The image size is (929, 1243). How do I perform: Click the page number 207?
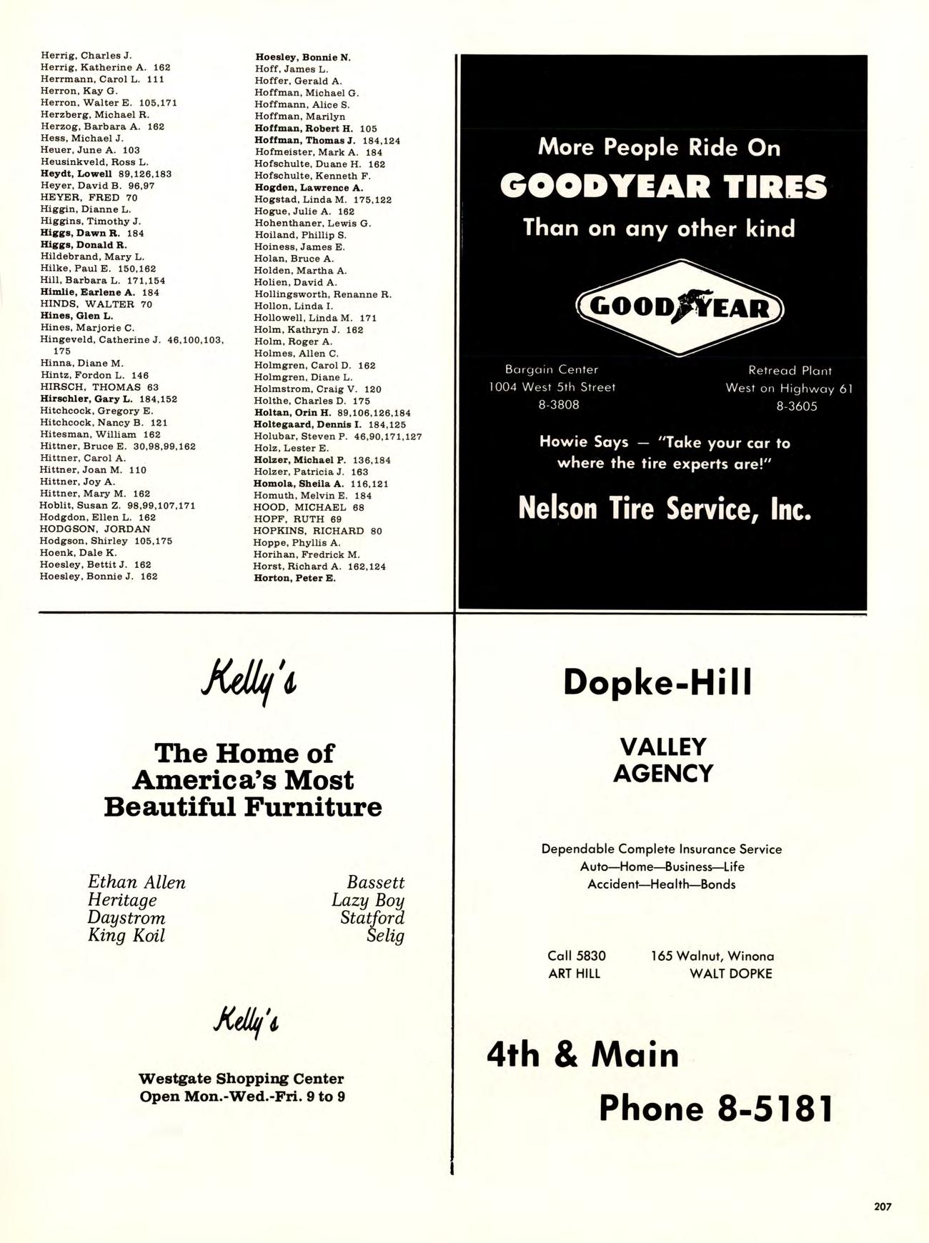[x=883, y=1207]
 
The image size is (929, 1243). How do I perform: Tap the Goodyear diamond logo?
[x=680, y=308]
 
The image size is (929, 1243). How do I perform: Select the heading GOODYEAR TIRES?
[x=663, y=187]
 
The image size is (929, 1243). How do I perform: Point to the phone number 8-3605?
[x=797, y=406]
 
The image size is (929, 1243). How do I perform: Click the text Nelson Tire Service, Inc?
[x=665, y=509]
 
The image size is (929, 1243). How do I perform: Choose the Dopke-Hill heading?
[x=657, y=682]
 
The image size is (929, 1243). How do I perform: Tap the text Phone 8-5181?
[x=716, y=1109]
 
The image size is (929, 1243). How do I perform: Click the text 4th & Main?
[x=582, y=1054]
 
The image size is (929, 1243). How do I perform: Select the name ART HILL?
[x=574, y=974]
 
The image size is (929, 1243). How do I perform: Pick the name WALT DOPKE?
[x=730, y=974]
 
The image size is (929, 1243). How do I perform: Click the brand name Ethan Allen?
[x=136, y=883]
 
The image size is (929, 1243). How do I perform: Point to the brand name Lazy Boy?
[x=367, y=900]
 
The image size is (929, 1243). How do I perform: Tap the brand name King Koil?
[x=126, y=936]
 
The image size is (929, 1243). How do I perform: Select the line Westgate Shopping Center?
[x=241, y=1079]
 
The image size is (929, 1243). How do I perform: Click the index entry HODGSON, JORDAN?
[x=95, y=529]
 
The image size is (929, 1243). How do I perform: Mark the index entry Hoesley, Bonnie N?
[x=303, y=57]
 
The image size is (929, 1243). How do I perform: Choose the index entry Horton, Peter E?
[x=294, y=578]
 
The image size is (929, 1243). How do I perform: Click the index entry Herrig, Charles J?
[x=86, y=55]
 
